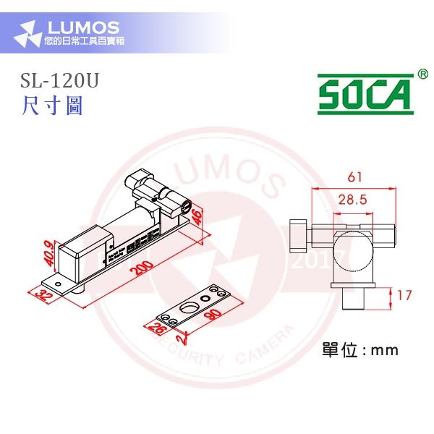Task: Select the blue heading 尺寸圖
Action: [x=52, y=106]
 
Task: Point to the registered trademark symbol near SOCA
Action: [x=422, y=74]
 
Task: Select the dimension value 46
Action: [x=197, y=215]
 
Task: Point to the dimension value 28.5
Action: [x=354, y=200]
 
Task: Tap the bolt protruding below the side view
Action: [x=354, y=299]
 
